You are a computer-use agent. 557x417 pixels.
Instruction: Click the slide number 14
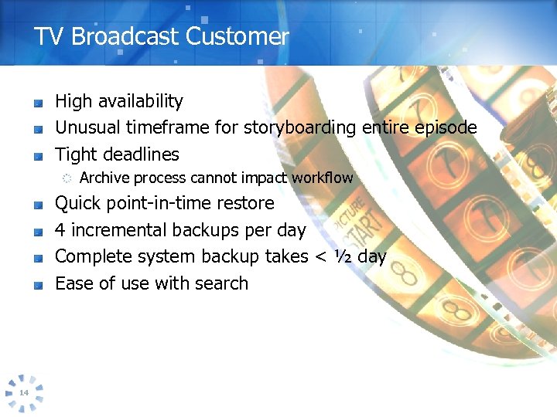pos(23,393)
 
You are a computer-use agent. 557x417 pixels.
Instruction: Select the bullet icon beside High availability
pos(37,103)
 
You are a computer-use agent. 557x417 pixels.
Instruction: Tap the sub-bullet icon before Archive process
pos(67,178)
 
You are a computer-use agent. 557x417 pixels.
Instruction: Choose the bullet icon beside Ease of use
pos(37,285)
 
